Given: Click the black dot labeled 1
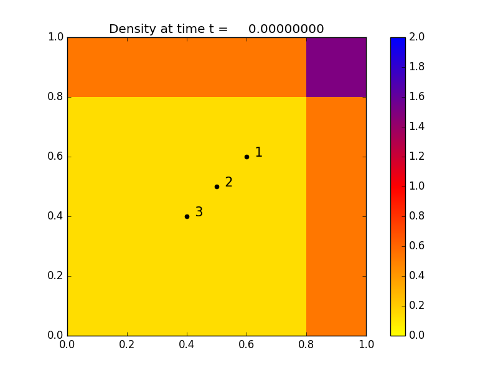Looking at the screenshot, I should point(247,157).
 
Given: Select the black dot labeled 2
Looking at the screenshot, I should point(217,186).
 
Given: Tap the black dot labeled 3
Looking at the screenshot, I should point(187,216).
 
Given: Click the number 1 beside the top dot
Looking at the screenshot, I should point(258,152).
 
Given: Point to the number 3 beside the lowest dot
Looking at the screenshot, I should point(199,212).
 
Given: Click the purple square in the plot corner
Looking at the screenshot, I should point(336,67).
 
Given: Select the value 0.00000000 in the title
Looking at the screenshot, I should point(286,29).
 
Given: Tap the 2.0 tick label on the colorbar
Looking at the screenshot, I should point(418,37).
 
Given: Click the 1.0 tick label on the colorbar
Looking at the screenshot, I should point(418,186).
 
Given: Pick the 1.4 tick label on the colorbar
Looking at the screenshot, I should point(418,127).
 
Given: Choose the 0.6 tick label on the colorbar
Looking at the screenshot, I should point(418,246).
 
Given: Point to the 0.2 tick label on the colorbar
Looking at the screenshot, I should point(418,306).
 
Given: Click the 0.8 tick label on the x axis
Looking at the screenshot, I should point(306,344).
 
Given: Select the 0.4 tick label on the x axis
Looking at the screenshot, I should point(187,344).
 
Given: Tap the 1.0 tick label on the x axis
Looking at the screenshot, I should point(366,344).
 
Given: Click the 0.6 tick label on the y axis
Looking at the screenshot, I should point(55,157).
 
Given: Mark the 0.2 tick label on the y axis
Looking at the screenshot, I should point(55,276).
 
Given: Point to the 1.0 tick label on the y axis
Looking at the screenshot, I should point(55,37).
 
